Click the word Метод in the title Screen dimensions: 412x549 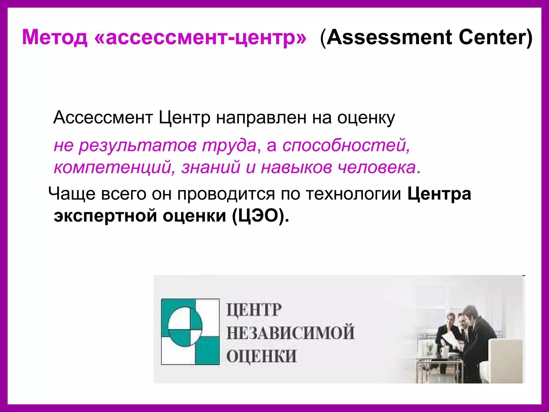click(x=55, y=37)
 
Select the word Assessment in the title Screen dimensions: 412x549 click(x=390, y=37)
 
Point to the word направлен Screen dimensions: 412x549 click(x=261, y=118)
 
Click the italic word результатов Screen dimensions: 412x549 click(x=138, y=146)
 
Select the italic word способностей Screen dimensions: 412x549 click(x=346, y=146)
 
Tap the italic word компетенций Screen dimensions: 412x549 click(x=113, y=167)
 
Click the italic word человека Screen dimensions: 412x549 click(x=376, y=167)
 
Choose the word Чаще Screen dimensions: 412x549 click(x=72, y=194)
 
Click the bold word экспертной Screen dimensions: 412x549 click(x=105, y=215)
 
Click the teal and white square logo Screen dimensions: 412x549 click(x=190, y=332)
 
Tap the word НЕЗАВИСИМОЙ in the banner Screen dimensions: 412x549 click(x=291, y=333)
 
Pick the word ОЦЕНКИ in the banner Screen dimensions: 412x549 click(x=261, y=356)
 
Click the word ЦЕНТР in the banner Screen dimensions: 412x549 click(x=254, y=310)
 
